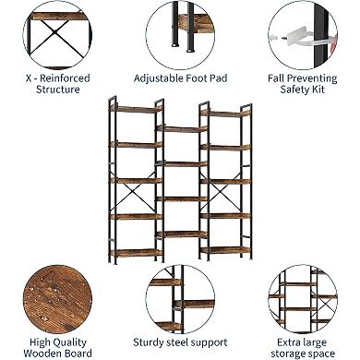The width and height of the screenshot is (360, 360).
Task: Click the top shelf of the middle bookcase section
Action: [x=179, y=128]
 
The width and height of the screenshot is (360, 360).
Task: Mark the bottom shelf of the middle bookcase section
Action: [x=179, y=233]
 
